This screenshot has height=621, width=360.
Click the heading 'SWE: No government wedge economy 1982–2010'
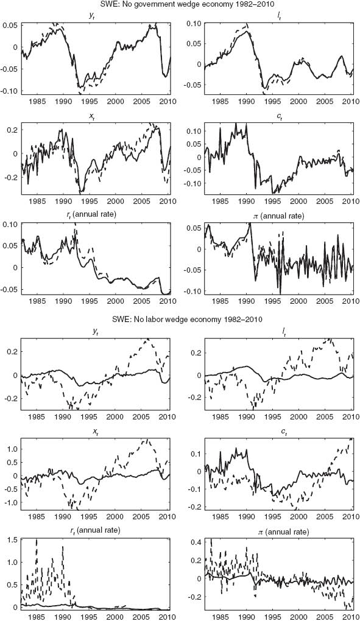coord(180,5)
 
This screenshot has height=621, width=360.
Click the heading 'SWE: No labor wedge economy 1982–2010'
coord(180,321)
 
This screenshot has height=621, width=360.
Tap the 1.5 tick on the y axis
coord(12,540)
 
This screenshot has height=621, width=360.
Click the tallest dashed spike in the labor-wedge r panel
coord(37,540)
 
